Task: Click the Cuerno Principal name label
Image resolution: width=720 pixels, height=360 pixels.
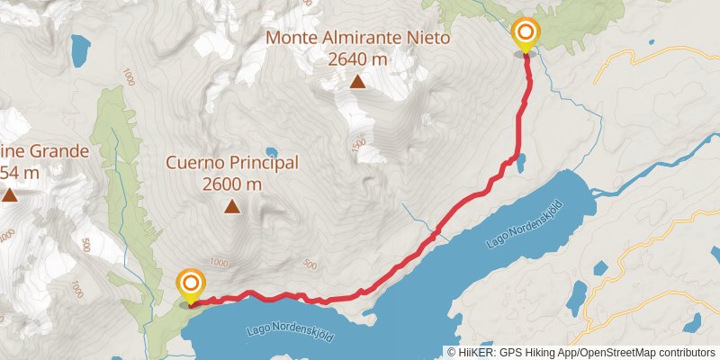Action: click(232, 163)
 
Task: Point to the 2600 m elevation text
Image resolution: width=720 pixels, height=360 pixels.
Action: click(232, 184)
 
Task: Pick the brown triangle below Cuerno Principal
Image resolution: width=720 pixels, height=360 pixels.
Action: click(232, 208)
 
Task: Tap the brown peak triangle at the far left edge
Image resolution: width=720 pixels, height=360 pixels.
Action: click(10, 194)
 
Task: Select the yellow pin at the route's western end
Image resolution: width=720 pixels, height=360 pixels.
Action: click(190, 286)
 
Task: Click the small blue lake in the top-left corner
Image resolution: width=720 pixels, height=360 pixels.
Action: click(82, 45)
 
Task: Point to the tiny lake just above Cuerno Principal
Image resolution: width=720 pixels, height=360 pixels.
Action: click(271, 152)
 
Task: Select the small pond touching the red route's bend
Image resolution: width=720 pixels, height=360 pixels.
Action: click(520, 161)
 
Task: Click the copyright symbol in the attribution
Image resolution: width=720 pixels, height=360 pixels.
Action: click(451, 352)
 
